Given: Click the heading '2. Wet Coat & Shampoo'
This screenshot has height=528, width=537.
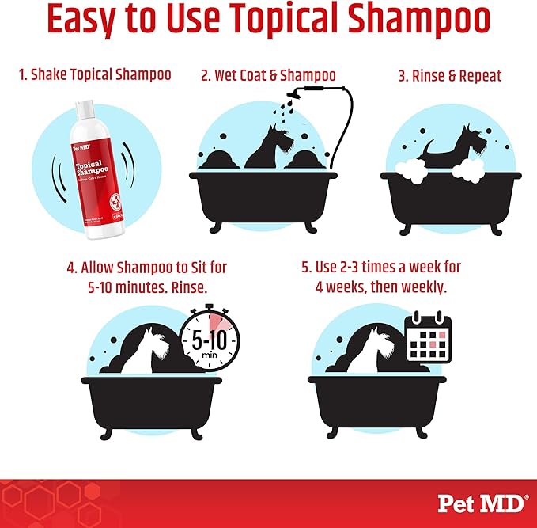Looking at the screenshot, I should (x=268, y=76).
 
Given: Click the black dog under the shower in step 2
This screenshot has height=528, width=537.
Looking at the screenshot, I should (x=268, y=146).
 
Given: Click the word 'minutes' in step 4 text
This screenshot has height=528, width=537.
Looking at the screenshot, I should (x=140, y=286).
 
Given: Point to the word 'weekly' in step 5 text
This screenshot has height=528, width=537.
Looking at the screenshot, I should (x=423, y=286).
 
